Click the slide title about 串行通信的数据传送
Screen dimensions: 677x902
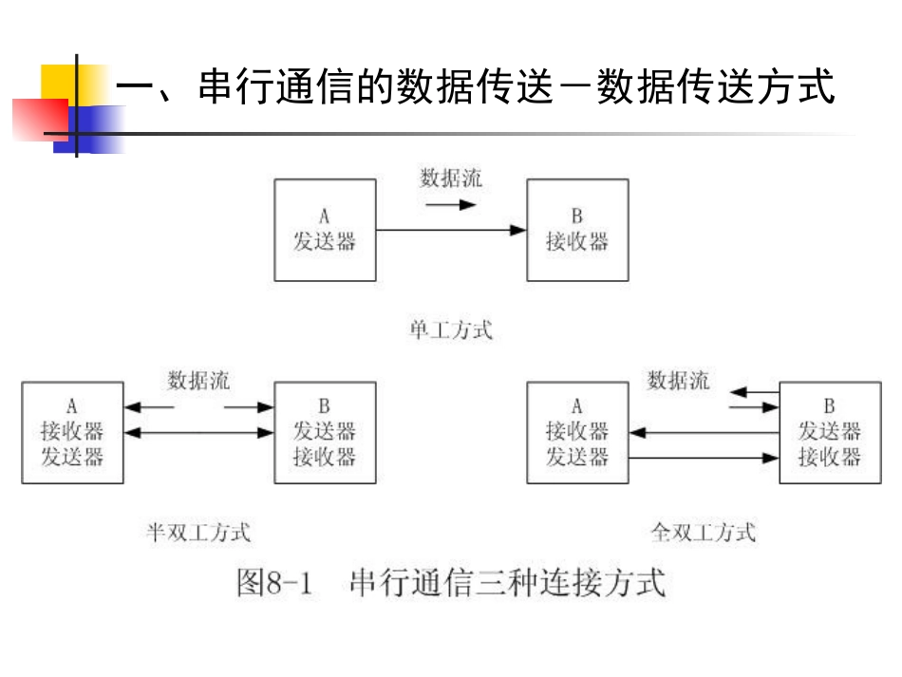pos(475,87)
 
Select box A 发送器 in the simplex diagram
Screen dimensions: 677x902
pos(325,230)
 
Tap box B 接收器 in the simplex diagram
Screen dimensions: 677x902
pos(577,230)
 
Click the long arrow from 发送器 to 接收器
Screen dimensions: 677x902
pos(451,230)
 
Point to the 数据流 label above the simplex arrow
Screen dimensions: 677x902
pos(451,179)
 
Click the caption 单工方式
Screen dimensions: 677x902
pos(451,330)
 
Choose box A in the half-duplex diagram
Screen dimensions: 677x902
pos(72,432)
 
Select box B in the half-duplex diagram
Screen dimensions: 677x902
pos(325,432)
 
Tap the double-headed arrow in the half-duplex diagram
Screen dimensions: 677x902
pos(198,433)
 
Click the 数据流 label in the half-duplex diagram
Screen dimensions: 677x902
pos(198,381)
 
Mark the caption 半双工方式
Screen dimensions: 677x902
pos(198,533)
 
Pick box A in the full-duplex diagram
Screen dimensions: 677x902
pos(577,432)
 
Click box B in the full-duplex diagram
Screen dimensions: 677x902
pos(830,432)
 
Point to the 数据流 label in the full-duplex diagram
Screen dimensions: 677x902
pos(678,381)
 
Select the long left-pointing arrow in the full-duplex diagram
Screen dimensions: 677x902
pos(704,433)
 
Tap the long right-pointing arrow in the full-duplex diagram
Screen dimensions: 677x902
pos(704,458)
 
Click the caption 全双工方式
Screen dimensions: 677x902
pos(704,533)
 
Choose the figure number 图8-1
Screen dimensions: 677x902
pos(274,582)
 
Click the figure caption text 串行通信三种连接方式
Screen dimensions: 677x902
pos(508,582)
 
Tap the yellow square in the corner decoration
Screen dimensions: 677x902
pos(59,82)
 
